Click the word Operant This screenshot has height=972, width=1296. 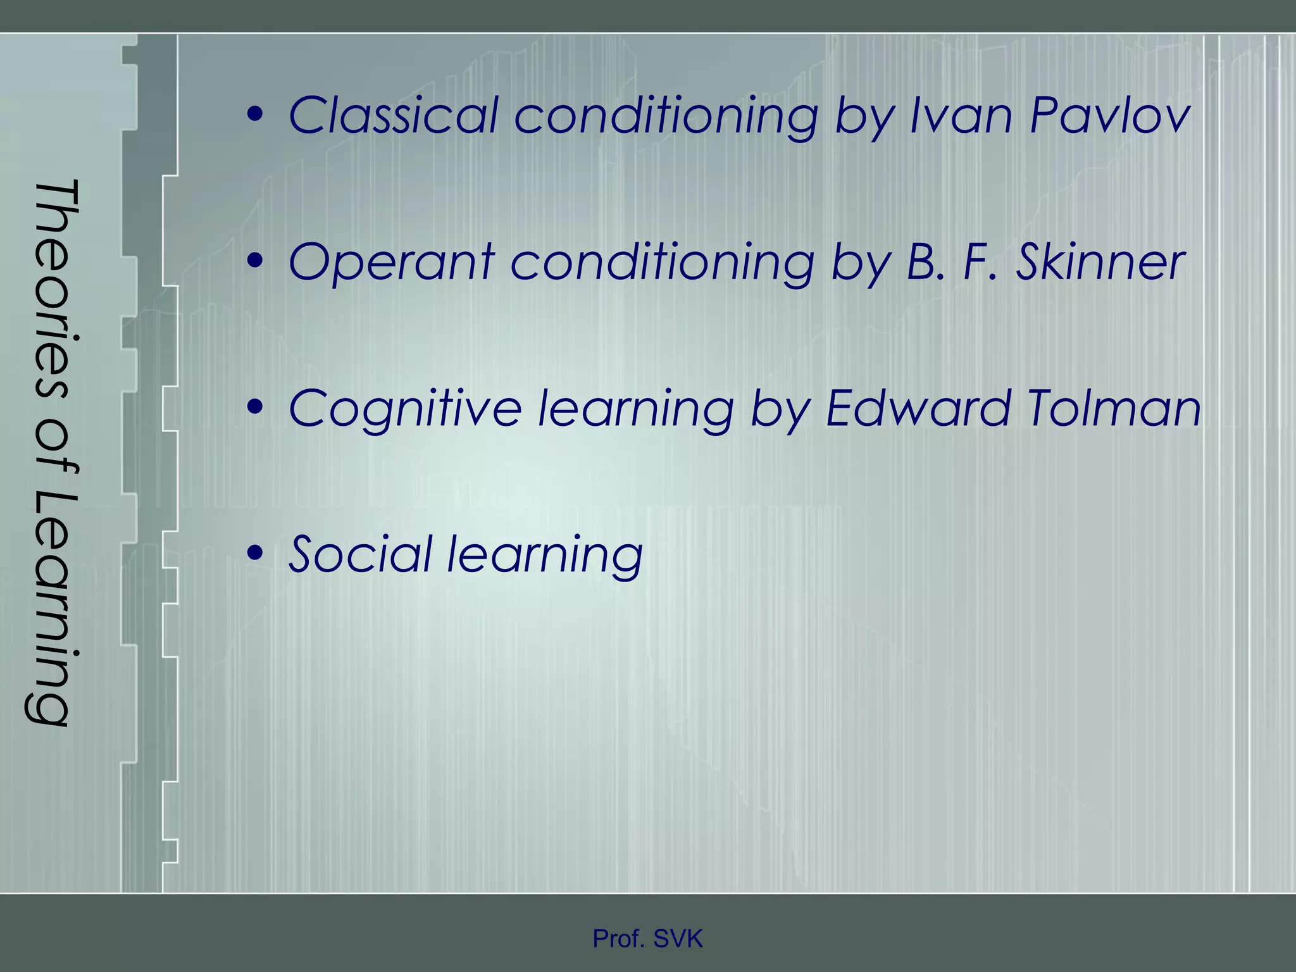390,263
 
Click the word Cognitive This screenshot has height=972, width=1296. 405,409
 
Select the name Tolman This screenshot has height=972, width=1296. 1114,409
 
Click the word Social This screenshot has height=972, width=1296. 361,555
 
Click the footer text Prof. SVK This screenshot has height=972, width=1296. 647,939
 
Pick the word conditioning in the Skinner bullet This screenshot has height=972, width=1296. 662,263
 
